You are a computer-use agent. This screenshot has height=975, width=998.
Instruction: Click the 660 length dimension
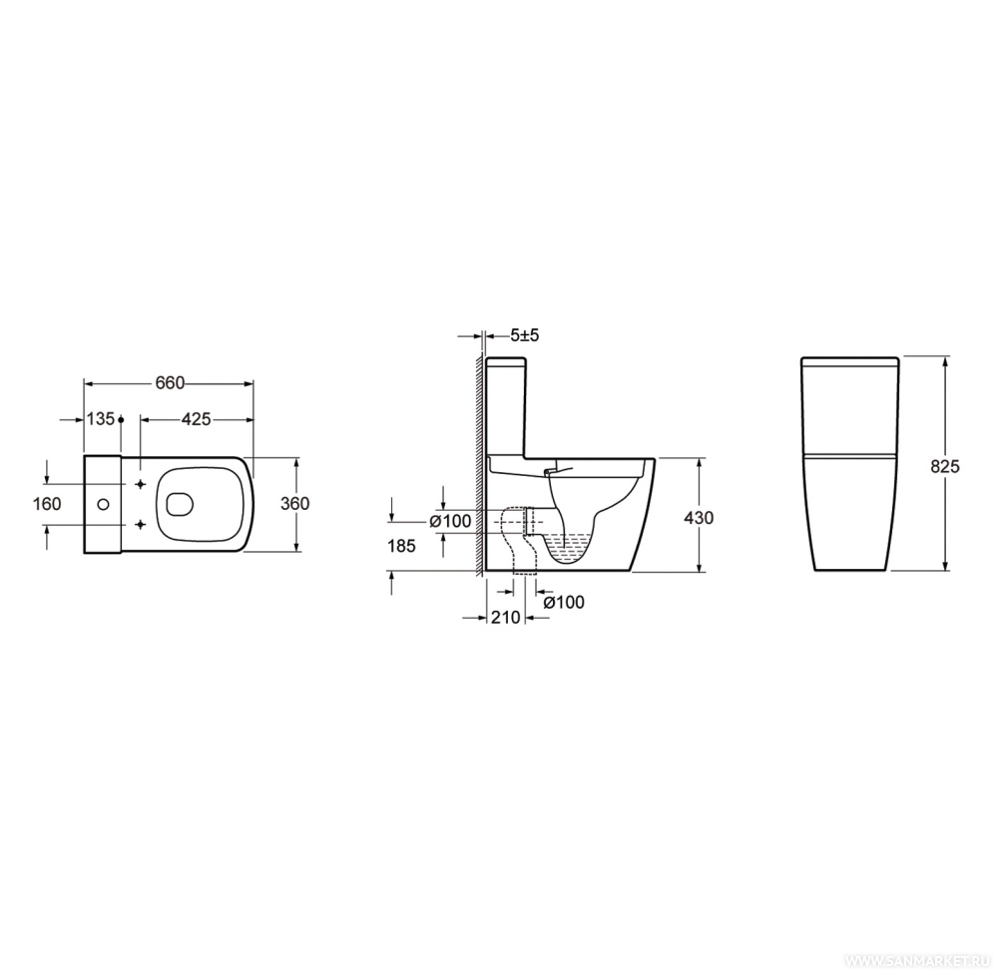[x=170, y=382]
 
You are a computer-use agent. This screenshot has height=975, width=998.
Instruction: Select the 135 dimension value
[x=101, y=419]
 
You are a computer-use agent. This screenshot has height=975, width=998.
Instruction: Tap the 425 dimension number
[x=196, y=419]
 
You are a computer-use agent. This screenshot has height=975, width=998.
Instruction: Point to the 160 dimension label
[x=47, y=503]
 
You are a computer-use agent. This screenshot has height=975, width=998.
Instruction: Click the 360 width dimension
[x=294, y=503]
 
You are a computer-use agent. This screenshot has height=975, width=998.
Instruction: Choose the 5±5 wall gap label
[x=525, y=334]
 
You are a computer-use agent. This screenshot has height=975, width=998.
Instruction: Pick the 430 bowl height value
[x=699, y=518]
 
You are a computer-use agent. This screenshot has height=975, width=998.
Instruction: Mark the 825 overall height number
[x=944, y=466]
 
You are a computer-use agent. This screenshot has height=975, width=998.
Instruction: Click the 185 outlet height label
[x=401, y=546]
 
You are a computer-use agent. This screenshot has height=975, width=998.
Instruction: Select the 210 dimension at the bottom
[x=506, y=617]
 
